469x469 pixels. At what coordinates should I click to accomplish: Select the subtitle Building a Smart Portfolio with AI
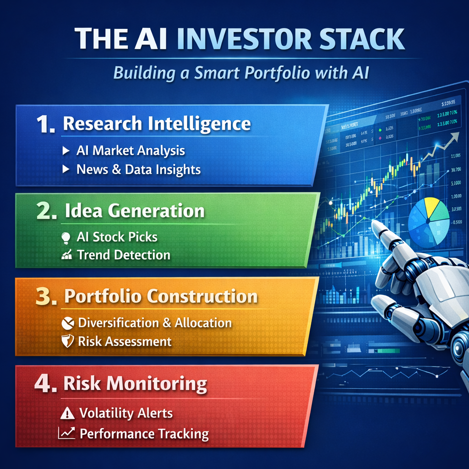tap(234, 73)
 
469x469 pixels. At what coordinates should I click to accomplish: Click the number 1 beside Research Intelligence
tap(44, 125)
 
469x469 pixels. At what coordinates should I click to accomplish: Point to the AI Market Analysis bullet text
tap(131, 150)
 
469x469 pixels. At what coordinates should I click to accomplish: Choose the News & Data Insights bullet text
tap(138, 169)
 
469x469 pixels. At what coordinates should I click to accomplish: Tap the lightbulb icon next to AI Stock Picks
tap(66, 237)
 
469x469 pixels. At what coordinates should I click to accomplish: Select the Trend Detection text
tap(124, 255)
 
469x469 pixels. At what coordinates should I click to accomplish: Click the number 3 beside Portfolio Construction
tap(46, 297)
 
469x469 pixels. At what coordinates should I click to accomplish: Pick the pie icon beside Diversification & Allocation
tap(67, 323)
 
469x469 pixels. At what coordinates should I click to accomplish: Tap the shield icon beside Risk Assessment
tap(67, 342)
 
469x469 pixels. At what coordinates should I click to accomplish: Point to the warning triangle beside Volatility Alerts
tap(67, 414)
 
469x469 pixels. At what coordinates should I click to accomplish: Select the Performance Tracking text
tap(144, 433)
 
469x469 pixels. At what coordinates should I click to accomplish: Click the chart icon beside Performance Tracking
tap(66, 433)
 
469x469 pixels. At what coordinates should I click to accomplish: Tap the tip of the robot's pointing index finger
tap(375, 224)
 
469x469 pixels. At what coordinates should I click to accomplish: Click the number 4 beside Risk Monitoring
tap(45, 384)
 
